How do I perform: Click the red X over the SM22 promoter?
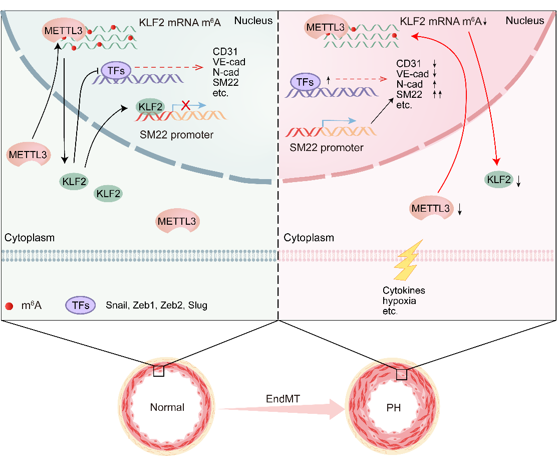click(x=186, y=105)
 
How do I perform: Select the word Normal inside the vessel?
click(x=167, y=407)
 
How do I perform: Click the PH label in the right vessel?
click(x=393, y=407)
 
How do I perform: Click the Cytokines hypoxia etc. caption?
click(x=400, y=300)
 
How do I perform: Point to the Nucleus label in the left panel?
click(x=253, y=21)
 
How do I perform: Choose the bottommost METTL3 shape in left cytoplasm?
click(x=177, y=221)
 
